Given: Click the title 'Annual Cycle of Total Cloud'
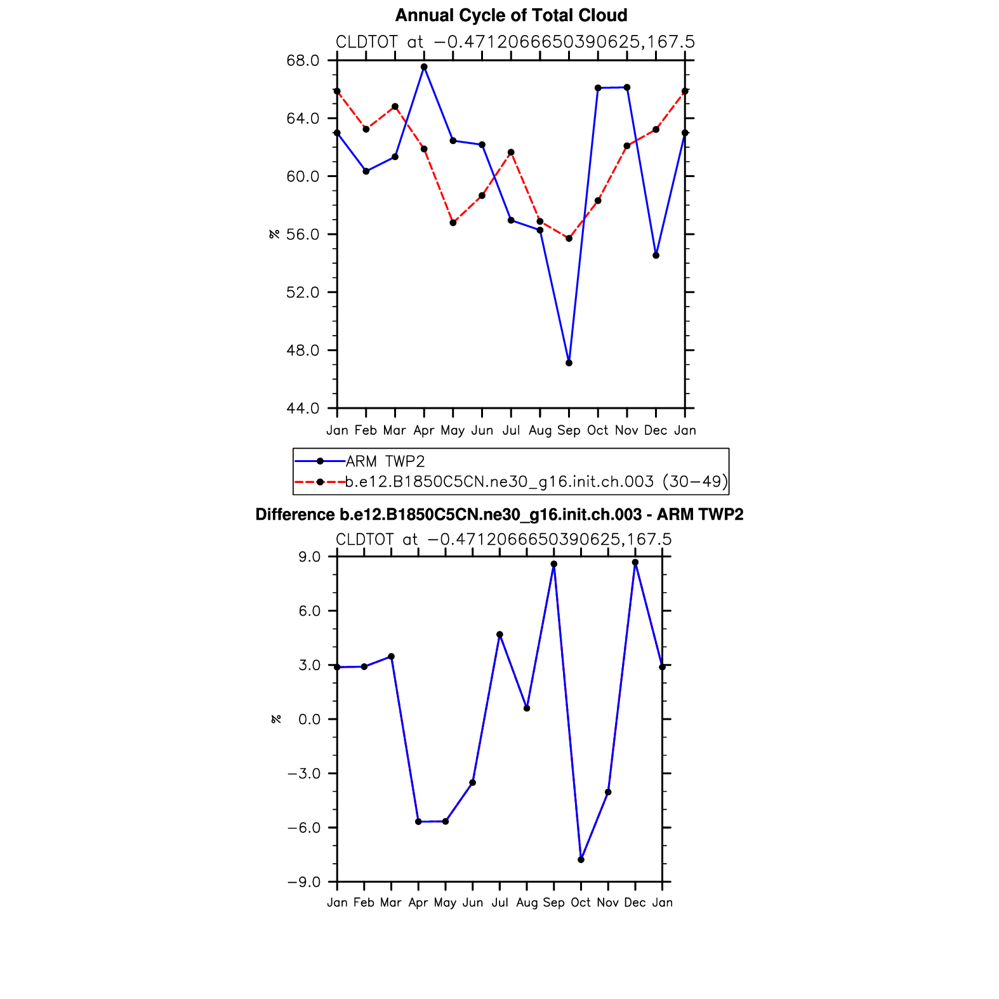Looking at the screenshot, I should tap(511, 15).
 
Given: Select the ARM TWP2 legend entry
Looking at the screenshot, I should tap(385, 461).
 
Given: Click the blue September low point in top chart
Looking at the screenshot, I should tap(569, 363).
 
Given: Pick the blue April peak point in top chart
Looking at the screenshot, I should tap(424, 67).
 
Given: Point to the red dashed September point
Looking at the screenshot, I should tap(569, 239).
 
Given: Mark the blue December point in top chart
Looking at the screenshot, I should tap(656, 255).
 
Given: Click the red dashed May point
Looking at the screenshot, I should tap(453, 223).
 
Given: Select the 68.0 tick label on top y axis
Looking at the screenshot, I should tap(303, 60).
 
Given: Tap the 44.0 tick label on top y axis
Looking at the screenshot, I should tap(303, 408).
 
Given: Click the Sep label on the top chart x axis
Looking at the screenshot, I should tap(569, 430).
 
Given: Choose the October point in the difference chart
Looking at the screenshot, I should tap(581, 859).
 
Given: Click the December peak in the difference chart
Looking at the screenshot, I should tap(635, 562).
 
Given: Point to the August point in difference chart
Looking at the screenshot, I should tap(527, 708).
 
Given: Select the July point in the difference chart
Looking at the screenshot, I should tap(499, 635).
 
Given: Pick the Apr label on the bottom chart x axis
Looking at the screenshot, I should tap(418, 903).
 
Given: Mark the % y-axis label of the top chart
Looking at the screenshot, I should tap(274, 234).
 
